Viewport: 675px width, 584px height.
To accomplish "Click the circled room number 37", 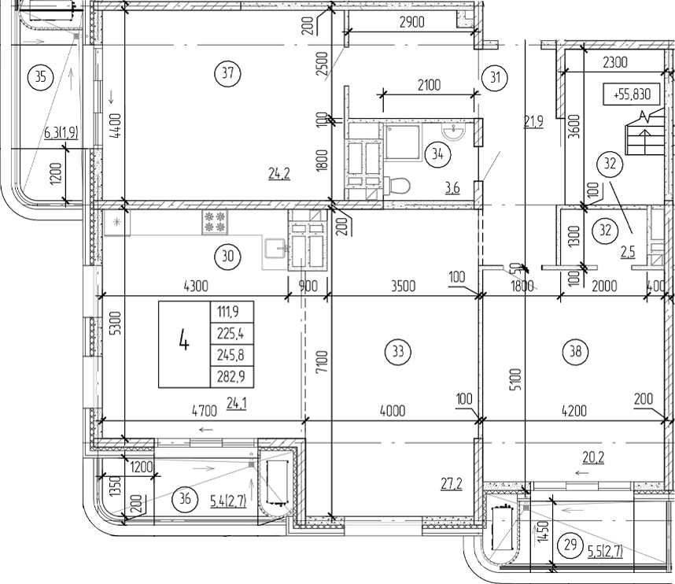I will click(x=227, y=75).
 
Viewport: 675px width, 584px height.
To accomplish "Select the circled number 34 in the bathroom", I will click(x=433, y=153).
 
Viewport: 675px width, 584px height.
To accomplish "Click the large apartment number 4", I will click(x=183, y=343).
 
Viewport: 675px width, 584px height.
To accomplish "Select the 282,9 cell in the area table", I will click(x=231, y=377).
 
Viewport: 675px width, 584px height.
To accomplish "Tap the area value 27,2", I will click(x=450, y=482).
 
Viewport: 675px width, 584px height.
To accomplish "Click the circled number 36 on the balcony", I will click(x=186, y=498).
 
